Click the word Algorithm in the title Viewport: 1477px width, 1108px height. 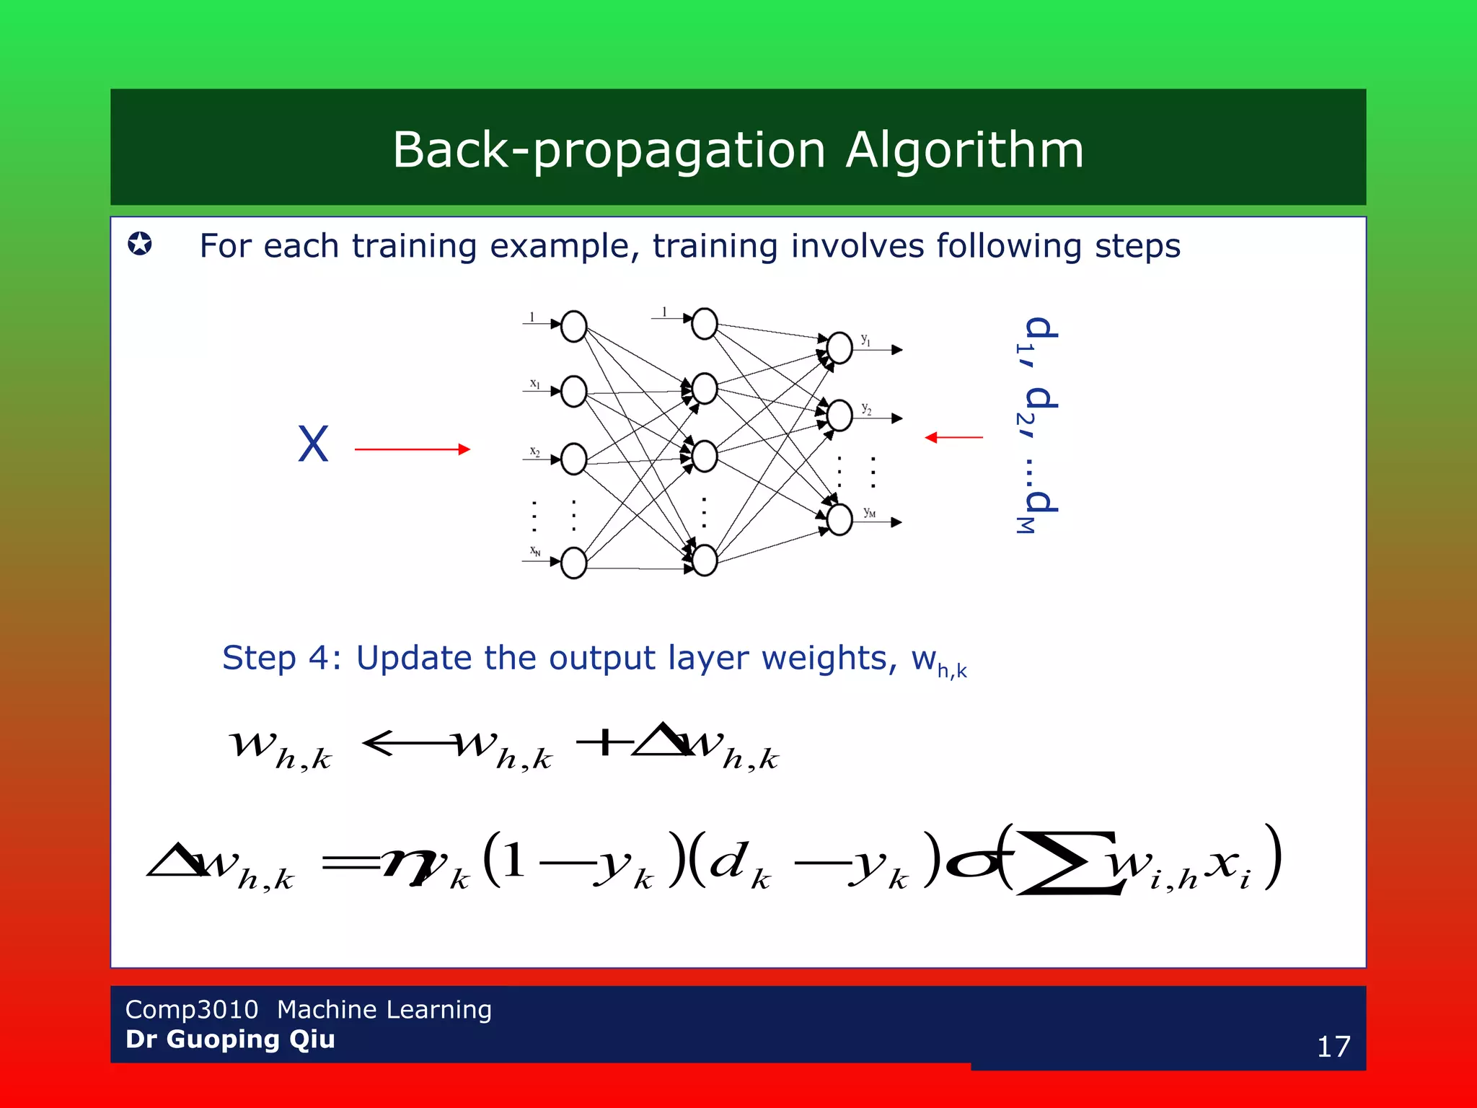pyautogui.click(x=964, y=150)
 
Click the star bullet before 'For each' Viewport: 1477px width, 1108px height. pyautogui.click(x=140, y=244)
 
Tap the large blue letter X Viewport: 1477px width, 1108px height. pyautogui.click(x=313, y=444)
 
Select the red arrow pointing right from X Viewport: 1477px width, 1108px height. pyautogui.click(x=412, y=449)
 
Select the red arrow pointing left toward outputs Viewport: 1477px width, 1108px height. pyautogui.click(x=953, y=437)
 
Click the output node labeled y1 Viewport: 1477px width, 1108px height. pyautogui.click(x=839, y=348)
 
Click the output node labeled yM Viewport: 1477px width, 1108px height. pyautogui.click(x=839, y=519)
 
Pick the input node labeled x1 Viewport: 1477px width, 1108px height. pyautogui.click(x=574, y=392)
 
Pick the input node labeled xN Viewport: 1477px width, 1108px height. pyautogui.click(x=574, y=563)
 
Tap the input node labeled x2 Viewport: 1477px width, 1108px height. pyautogui.click(x=574, y=460)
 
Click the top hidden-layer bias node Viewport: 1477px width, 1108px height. pyautogui.click(x=705, y=324)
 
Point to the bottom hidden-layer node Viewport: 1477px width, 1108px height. pyautogui.click(x=705, y=560)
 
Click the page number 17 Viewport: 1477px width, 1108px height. pyautogui.click(x=1333, y=1047)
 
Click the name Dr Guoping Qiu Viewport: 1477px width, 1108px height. pyautogui.click(x=230, y=1039)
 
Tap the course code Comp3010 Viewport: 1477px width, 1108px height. pyautogui.click(x=191, y=1009)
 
